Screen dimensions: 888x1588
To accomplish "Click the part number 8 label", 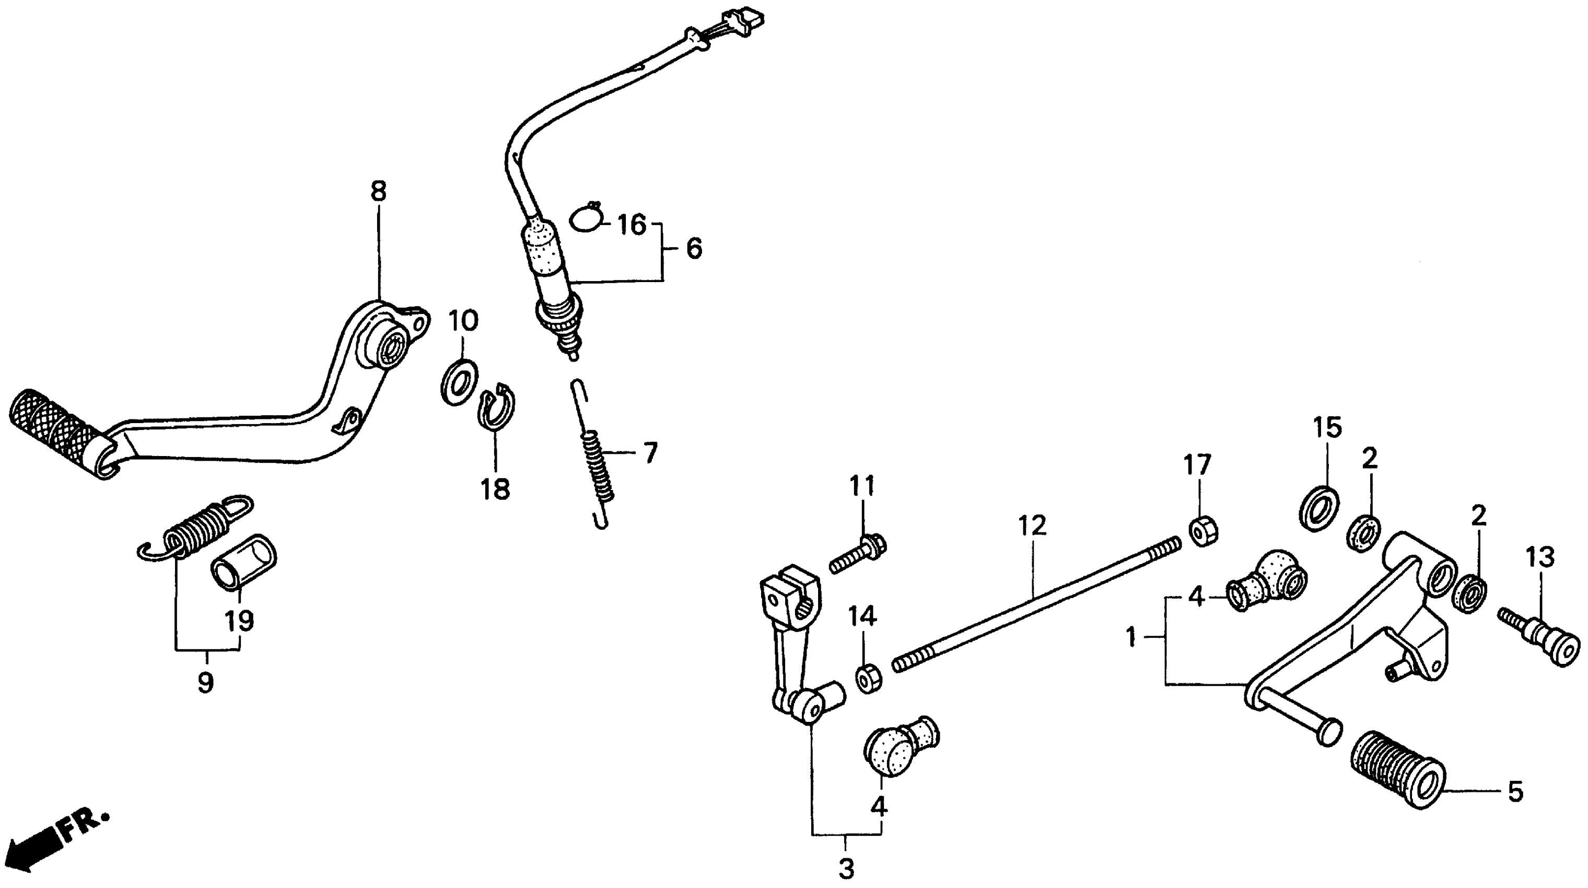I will pos(379,192).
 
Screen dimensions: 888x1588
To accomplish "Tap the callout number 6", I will pos(694,250).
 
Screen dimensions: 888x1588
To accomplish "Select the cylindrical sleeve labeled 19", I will pos(244,562).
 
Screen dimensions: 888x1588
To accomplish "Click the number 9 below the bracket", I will pos(205,683).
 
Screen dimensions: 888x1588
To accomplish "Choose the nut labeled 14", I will pos(868,678).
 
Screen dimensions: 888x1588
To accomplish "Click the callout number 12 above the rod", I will pos(1032,525).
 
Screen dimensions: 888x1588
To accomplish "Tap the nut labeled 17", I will pos(1200,531).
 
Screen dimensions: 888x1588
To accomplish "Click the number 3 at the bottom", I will pos(846,869).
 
